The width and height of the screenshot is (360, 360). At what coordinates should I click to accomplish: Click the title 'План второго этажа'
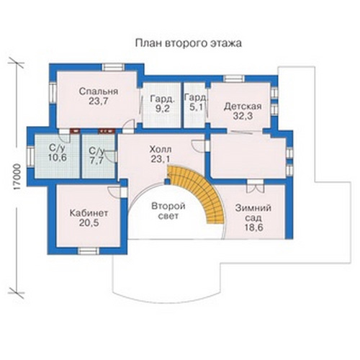click(189, 43)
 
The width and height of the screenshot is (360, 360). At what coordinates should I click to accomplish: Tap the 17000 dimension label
click(16, 178)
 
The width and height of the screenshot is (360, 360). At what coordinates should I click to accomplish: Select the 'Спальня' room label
click(99, 91)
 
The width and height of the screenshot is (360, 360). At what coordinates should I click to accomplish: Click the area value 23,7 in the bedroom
click(99, 102)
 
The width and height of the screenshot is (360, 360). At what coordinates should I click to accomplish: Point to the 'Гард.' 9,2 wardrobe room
click(162, 104)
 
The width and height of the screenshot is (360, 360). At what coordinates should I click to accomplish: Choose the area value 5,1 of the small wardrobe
click(196, 107)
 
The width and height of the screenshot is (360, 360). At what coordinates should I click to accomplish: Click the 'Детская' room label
click(243, 106)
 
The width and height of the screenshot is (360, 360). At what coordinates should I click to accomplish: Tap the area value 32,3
click(243, 116)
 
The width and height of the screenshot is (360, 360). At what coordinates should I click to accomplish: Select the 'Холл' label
click(161, 149)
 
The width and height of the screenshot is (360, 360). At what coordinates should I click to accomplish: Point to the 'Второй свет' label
click(168, 211)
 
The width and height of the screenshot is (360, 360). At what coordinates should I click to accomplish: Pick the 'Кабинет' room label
click(89, 213)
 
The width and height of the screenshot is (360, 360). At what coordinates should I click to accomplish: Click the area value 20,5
click(89, 223)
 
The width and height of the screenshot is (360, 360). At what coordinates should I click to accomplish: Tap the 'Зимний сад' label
click(253, 213)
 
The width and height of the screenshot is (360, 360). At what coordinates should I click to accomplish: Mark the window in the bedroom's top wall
click(112, 67)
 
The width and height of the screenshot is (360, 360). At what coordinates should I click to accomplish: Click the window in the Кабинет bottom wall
click(89, 251)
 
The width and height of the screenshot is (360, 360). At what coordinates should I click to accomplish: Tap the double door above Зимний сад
click(255, 186)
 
